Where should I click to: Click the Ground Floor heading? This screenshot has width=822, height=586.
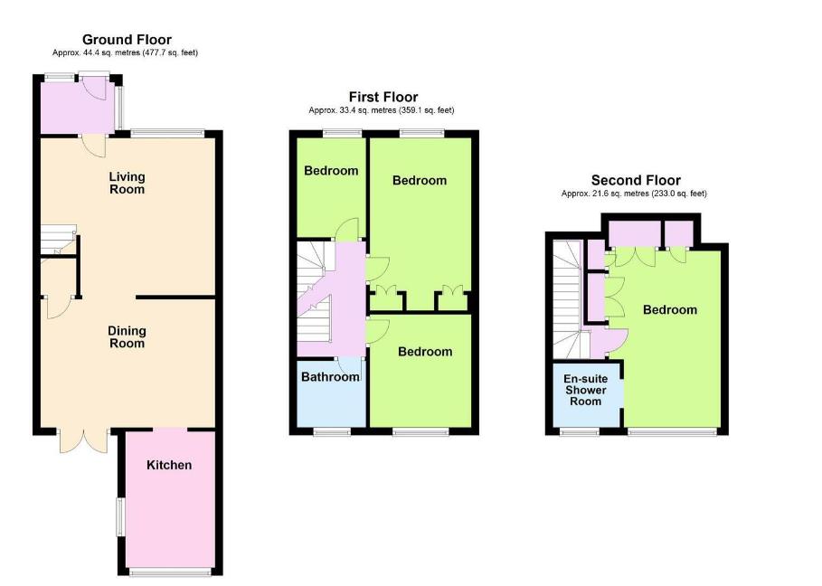coord(127,39)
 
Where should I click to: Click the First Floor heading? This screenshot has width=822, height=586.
coord(383,97)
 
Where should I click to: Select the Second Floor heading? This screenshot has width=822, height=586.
coord(636,180)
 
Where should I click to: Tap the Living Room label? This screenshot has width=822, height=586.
coord(127,183)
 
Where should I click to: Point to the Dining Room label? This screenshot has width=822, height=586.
coord(127,337)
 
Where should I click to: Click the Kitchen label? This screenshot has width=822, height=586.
coord(169,465)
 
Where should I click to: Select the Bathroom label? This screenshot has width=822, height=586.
coord(330,376)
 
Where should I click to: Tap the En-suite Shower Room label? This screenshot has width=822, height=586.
coord(586,390)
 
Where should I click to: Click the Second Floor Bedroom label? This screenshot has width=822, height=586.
coord(670,310)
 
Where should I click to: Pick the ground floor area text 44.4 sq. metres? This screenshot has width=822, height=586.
coord(109,53)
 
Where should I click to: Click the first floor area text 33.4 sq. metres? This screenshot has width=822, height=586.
coord(366,110)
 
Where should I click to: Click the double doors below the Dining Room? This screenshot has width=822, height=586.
coord(83,439)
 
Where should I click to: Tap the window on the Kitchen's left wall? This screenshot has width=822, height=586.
coord(120,516)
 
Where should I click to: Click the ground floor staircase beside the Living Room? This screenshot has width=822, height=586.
coord(58,240)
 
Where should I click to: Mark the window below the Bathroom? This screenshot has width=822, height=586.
coord(332,432)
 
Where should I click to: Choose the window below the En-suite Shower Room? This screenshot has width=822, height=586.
coord(580,432)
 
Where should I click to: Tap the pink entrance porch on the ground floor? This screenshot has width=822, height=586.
coord(78,108)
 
